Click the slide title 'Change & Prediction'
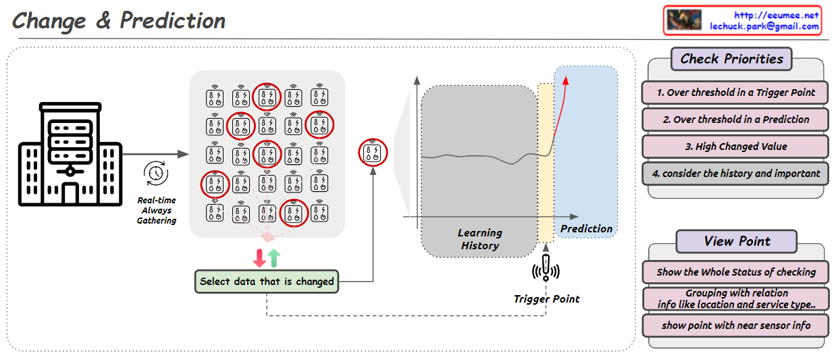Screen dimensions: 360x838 [119, 21]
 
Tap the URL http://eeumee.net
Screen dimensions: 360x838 [776, 15]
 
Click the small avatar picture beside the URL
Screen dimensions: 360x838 [683, 20]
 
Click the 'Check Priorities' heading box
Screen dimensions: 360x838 [731, 59]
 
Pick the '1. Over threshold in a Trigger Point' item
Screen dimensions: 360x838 [735, 93]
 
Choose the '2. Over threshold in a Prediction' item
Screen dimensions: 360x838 [735, 120]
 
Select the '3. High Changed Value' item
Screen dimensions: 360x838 [735, 147]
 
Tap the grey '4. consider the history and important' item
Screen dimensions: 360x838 [735, 174]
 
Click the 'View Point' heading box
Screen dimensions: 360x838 [736, 241]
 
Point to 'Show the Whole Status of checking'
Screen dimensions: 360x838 [735, 272]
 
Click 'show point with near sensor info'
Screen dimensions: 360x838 [735, 326]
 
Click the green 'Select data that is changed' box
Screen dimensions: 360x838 [267, 282]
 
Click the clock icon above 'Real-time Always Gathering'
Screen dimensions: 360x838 [156, 174]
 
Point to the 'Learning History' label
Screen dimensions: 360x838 [479, 239]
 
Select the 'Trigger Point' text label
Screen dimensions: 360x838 [546, 299]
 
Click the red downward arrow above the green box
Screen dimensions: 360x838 [259, 257]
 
